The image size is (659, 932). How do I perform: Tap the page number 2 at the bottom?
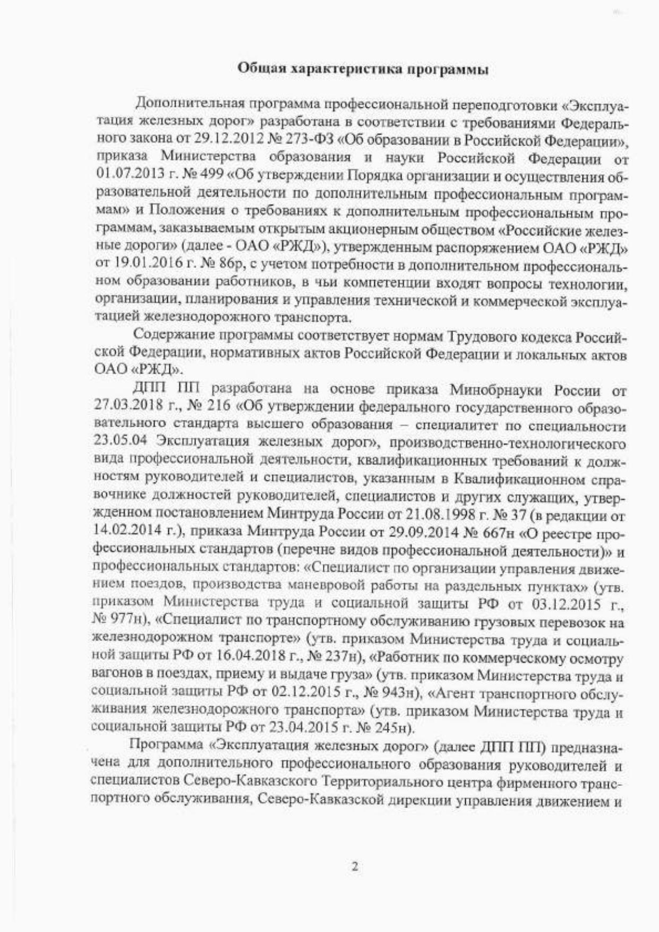(x=355, y=867)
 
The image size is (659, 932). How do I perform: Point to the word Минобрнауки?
(x=496, y=391)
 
